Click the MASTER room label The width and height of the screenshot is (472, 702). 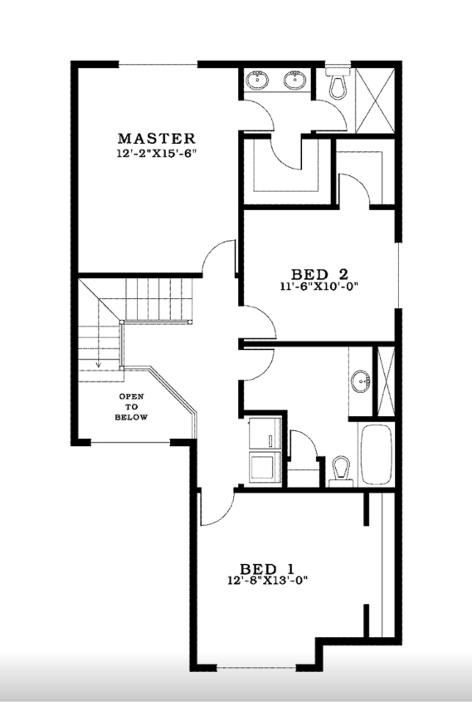[156, 139]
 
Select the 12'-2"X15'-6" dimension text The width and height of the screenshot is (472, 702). [156, 154]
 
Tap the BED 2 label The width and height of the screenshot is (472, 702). [319, 273]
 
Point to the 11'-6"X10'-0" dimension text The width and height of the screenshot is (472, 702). [319, 286]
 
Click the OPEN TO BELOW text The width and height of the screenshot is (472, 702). [132, 406]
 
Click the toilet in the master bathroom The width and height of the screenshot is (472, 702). [337, 83]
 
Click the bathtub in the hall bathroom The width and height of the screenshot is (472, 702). [376, 455]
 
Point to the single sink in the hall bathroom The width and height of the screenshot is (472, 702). [361, 383]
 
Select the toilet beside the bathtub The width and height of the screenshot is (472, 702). [338, 469]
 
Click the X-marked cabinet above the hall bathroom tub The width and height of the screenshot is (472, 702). [384, 379]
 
